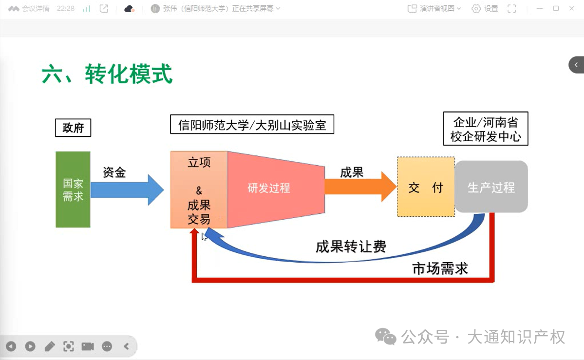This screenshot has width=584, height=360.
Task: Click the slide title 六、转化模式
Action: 107,74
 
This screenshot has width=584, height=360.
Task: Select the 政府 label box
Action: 73,128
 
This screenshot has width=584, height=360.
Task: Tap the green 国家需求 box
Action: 73,189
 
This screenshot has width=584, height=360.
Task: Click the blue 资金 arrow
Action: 127,189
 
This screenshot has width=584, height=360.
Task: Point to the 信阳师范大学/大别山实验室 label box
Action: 252,125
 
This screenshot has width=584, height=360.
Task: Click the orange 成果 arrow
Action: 360,187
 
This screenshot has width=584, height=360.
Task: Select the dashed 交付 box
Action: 426,187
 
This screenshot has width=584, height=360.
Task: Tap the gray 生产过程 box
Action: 491,187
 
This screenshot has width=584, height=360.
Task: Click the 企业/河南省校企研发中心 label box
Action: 486,129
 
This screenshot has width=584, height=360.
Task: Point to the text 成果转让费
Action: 351,246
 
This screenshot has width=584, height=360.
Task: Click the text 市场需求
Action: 440,268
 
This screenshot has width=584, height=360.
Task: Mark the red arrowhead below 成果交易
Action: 194,231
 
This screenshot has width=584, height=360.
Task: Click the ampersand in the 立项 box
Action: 199,191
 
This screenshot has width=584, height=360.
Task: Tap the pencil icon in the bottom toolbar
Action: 50,346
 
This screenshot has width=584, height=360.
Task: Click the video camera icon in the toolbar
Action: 88,346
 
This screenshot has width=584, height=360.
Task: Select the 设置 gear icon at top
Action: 476,9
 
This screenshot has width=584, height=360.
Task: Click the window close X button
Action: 572,8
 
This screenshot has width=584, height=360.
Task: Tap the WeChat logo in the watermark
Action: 385,337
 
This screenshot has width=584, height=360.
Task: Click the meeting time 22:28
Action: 66,8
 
